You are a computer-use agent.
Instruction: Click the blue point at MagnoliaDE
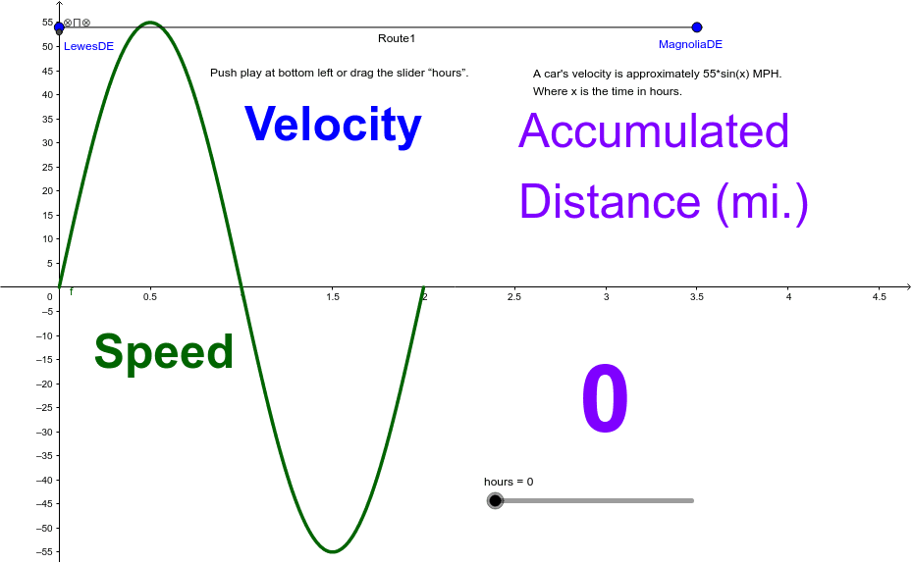pos(697,27)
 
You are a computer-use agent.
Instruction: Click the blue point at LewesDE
pos(59,27)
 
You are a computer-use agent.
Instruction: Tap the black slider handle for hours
pos(496,501)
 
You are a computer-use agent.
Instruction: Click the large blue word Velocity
pos(333,126)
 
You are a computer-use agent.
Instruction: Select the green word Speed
pos(164,352)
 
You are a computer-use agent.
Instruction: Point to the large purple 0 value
pos(605,401)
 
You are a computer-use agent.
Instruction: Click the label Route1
pos(397,38)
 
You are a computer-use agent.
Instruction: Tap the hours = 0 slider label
pos(509,482)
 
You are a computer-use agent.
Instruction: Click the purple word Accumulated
pos(654,131)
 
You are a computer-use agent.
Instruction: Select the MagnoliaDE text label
pos(690,44)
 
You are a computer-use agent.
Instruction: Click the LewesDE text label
pos(88,46)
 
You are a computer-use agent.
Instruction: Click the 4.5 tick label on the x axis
pos(879,296)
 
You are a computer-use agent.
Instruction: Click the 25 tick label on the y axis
pos(47,167)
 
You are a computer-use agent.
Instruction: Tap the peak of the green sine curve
pos(150,23)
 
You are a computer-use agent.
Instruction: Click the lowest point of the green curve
pos(333,552)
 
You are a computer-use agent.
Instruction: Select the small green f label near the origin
pos(71,291)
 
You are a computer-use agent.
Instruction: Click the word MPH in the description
pos(768,74)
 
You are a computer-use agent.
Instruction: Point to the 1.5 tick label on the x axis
pos(333,296)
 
